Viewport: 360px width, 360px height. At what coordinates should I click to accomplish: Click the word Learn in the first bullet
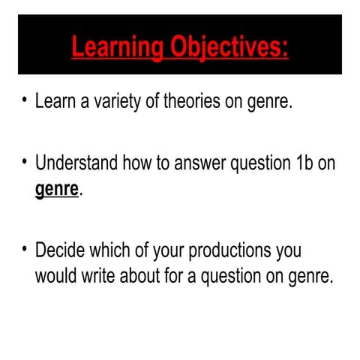click(55, 101)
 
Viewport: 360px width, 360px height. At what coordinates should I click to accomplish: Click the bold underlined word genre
click(56, 188)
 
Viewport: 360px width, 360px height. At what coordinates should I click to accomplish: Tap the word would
click(55, 275)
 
